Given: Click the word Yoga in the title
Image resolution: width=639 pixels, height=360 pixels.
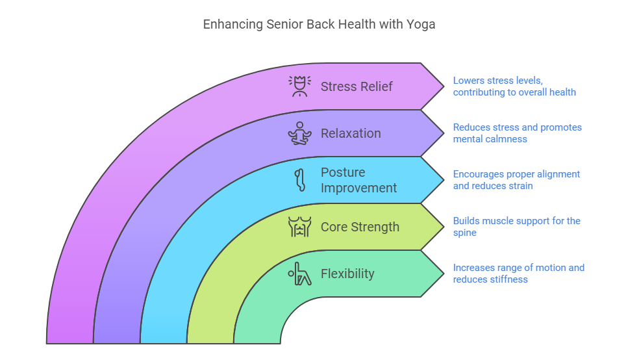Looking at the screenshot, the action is [421, 25].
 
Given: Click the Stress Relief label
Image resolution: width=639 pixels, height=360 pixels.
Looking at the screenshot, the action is [357, 86].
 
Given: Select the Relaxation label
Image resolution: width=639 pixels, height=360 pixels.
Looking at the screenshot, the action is [351, 133].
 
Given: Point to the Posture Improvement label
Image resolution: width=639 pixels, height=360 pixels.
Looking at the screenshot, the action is [358, 180].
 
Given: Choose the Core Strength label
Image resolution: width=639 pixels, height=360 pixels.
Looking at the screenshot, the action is [360, 227].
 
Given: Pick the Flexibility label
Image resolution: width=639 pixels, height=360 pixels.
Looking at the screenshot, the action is [347, 274].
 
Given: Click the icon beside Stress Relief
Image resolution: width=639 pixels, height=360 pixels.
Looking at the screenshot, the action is [300, 86].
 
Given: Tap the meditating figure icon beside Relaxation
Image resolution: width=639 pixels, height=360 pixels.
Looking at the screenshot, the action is [300, 133].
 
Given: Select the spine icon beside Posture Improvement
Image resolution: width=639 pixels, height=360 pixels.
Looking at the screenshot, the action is [301, 180].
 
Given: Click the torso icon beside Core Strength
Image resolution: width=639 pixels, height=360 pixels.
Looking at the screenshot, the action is [300, 227].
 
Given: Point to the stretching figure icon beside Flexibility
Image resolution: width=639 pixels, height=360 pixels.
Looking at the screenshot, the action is [300, 274].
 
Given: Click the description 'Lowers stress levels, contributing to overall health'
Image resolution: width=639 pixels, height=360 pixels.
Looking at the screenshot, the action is [514, 86].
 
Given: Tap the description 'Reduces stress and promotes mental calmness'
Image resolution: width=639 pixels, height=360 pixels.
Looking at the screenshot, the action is [517, 133].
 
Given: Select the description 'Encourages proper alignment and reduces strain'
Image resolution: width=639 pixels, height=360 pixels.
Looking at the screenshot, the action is [516, 180].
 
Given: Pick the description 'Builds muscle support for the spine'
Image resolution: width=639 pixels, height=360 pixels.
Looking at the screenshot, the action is [517, 227].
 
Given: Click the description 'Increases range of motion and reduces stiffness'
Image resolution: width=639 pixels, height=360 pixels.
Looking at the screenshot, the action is [519, 274].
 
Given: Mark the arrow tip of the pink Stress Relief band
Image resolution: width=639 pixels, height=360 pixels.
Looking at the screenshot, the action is [444, 86].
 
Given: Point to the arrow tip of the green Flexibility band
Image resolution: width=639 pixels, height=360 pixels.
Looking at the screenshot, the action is [444, 274].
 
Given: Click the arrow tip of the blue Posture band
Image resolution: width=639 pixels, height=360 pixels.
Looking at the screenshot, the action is [444, 180].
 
